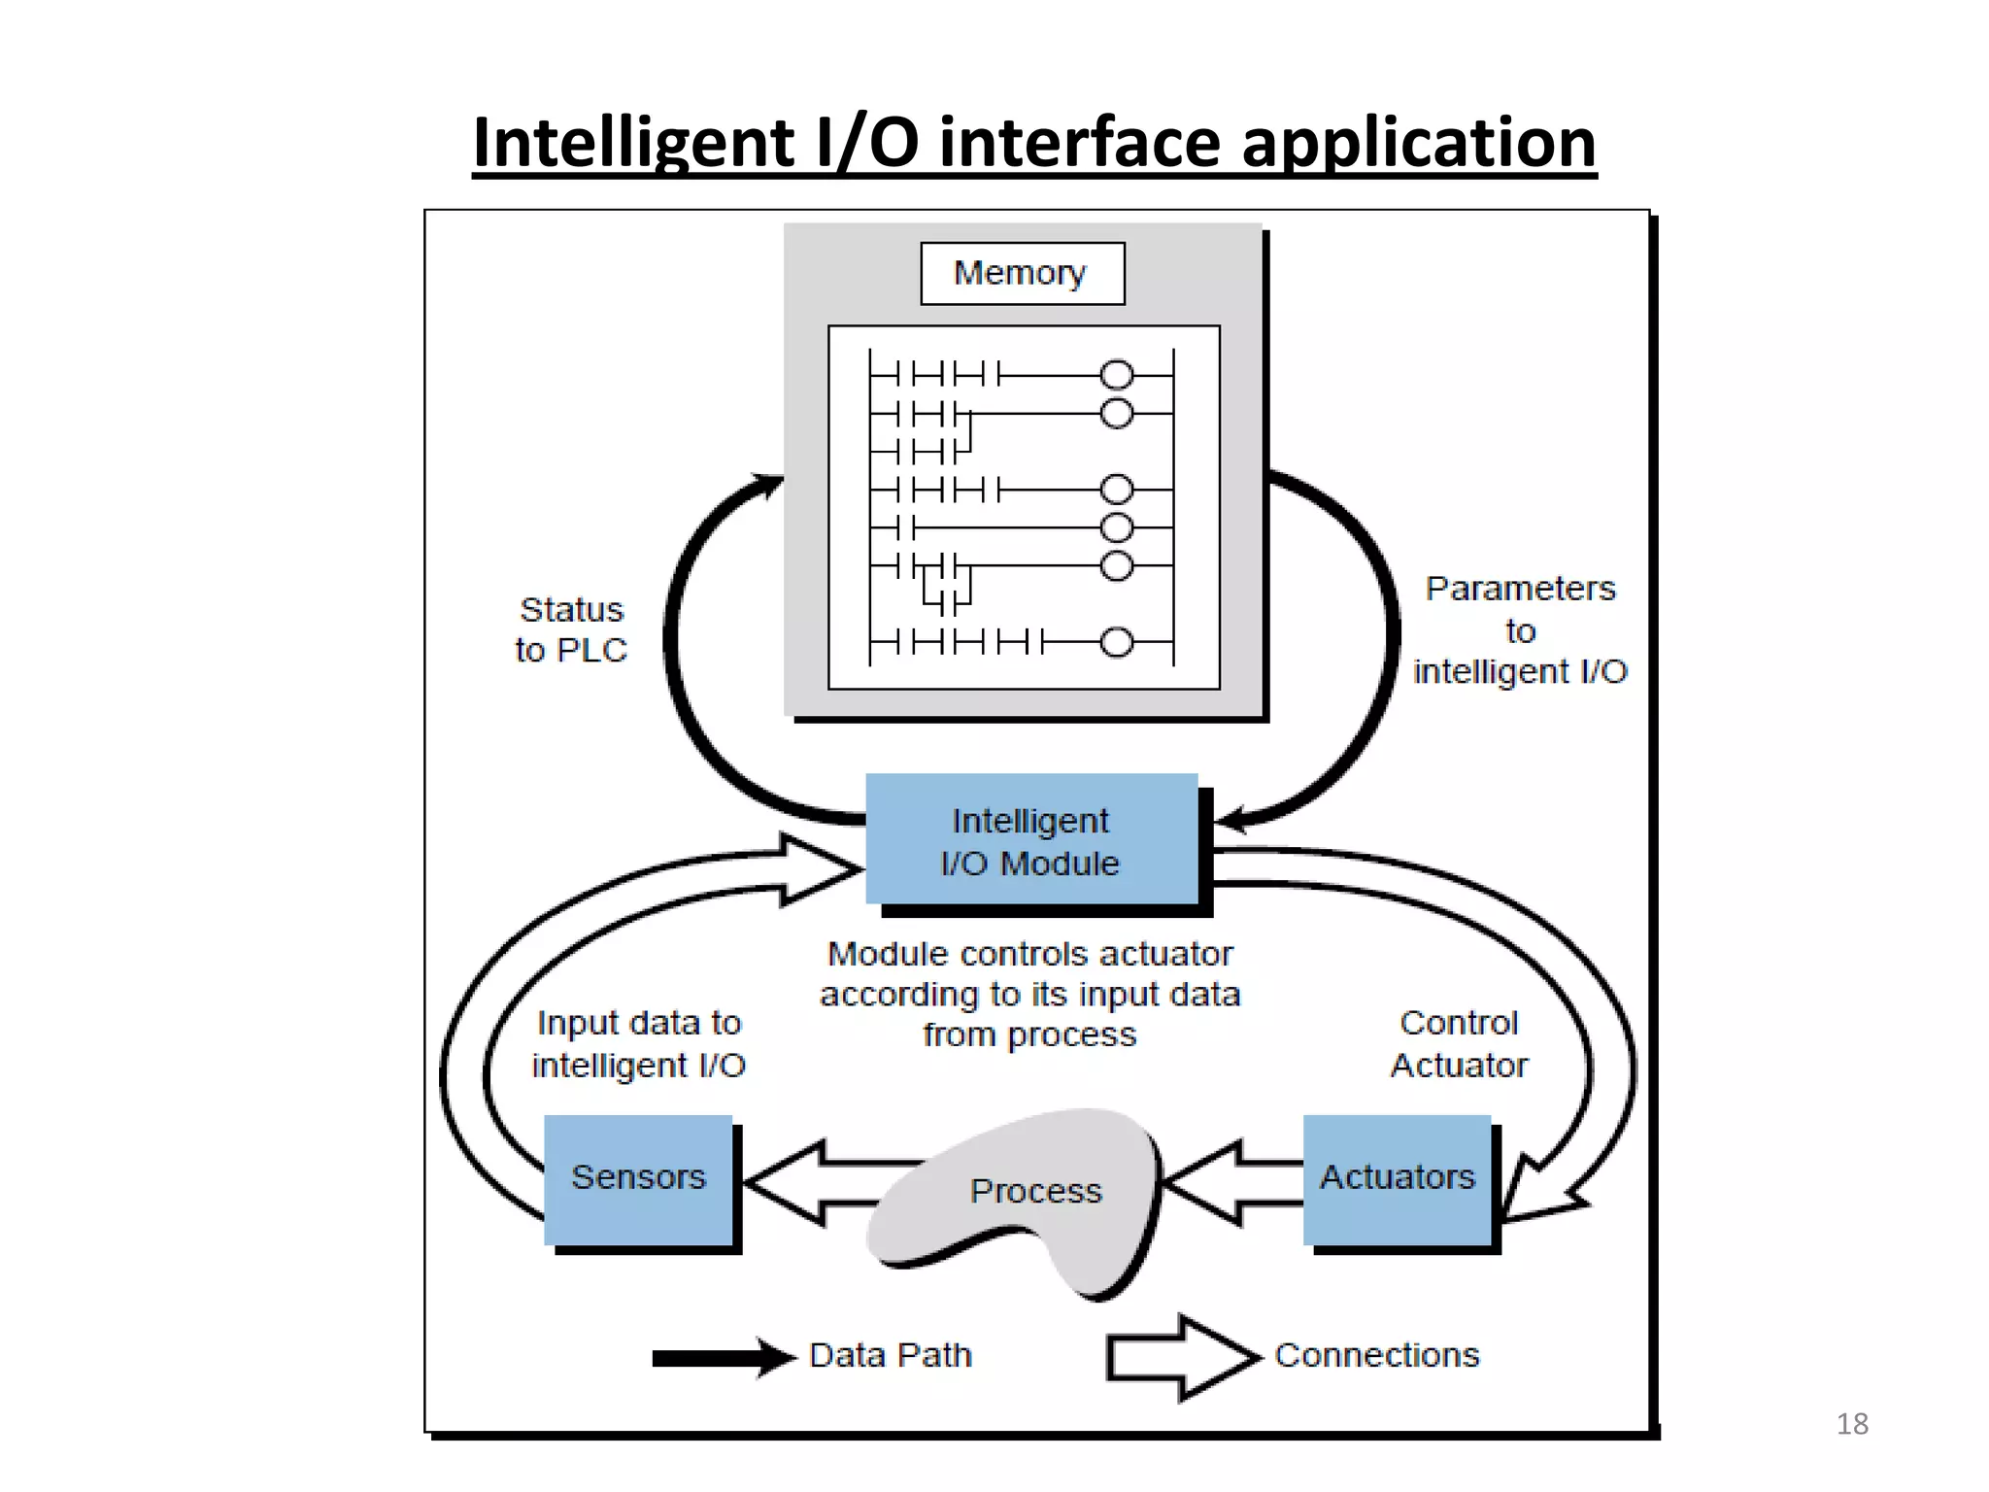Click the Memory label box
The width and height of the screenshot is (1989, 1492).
pos(1022,273)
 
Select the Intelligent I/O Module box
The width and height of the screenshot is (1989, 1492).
pos(1030,841)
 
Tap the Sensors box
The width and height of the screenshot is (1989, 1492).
pos(638,1177)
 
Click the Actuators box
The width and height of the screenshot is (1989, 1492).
pos(1397,1177)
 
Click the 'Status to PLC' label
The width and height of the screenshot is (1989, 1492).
pos(571,629)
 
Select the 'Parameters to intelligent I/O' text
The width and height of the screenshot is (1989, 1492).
pos(1520,629)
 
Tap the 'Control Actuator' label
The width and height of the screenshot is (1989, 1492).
pos(1459,1044)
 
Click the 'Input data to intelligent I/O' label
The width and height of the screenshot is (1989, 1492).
pos(638,1044)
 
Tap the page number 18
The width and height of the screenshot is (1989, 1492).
pos(1852,1424)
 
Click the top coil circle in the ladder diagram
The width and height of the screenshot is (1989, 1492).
pos(1116,375)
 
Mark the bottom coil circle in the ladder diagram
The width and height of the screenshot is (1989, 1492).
pos(1116,642)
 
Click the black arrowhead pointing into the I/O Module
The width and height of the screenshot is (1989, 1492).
pos(1231,821)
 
